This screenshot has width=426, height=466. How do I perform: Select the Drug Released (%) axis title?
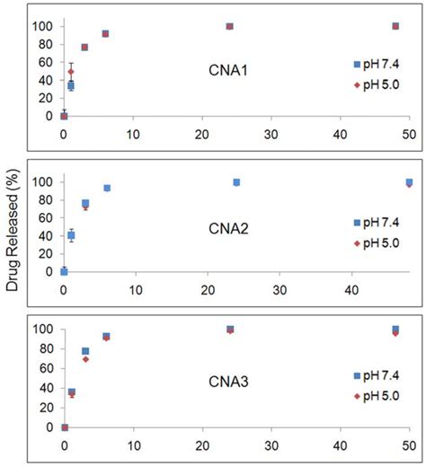coord(13,233)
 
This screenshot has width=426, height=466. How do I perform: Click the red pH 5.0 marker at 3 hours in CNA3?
coord(85,359)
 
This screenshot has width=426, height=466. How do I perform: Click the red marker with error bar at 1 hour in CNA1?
coord(71,71)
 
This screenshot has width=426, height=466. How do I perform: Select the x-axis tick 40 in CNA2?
coord(351,290)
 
